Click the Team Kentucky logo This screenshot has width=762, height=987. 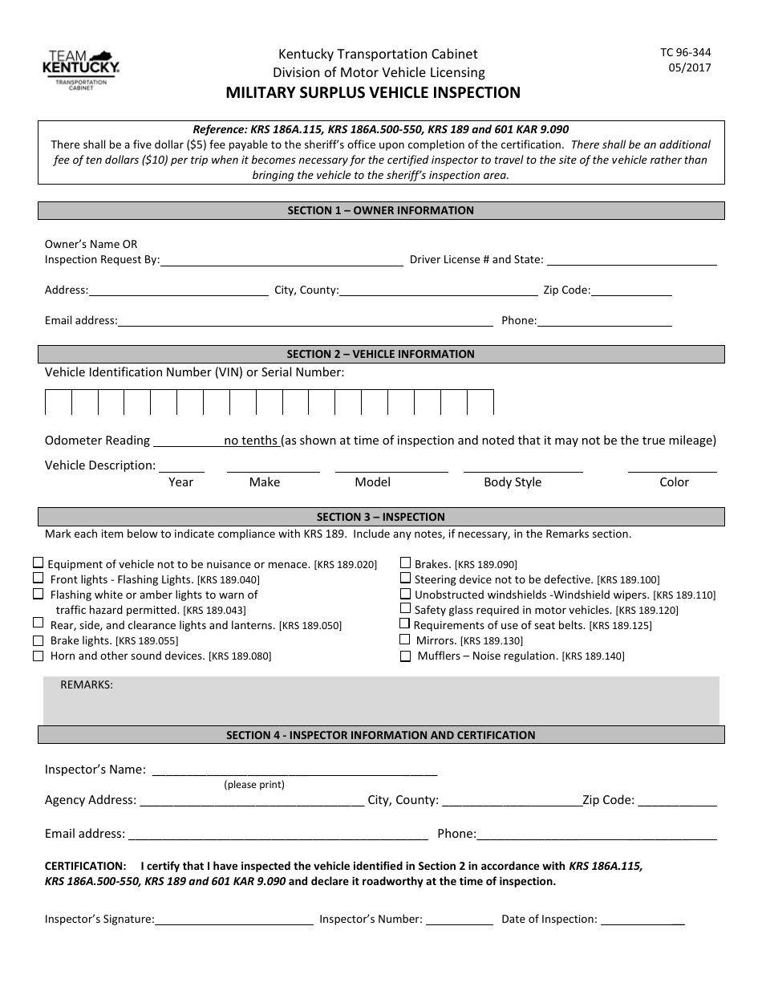tap(80, 68)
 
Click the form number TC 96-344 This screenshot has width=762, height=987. tap(685, 52)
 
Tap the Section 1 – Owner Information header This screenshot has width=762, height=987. tap(381, 210)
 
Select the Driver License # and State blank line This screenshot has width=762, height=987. tap(631, 259)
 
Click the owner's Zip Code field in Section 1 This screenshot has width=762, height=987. tap(631, 290)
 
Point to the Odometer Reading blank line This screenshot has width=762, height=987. tap(187, 441)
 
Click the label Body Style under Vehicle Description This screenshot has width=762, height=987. tap(513, 482)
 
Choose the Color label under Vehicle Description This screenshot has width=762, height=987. tap(674, 482)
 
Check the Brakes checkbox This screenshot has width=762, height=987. tap(406, 563)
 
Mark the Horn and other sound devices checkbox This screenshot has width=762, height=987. tap(38, 656)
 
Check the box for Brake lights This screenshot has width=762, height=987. tap(38, 641)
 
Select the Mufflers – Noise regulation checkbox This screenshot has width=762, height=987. tap(406, 656)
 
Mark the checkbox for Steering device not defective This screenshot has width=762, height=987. tap(406, 579)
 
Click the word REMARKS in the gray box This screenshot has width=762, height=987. tap(87, 684)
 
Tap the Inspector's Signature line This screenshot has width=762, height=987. tap(233, 920)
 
